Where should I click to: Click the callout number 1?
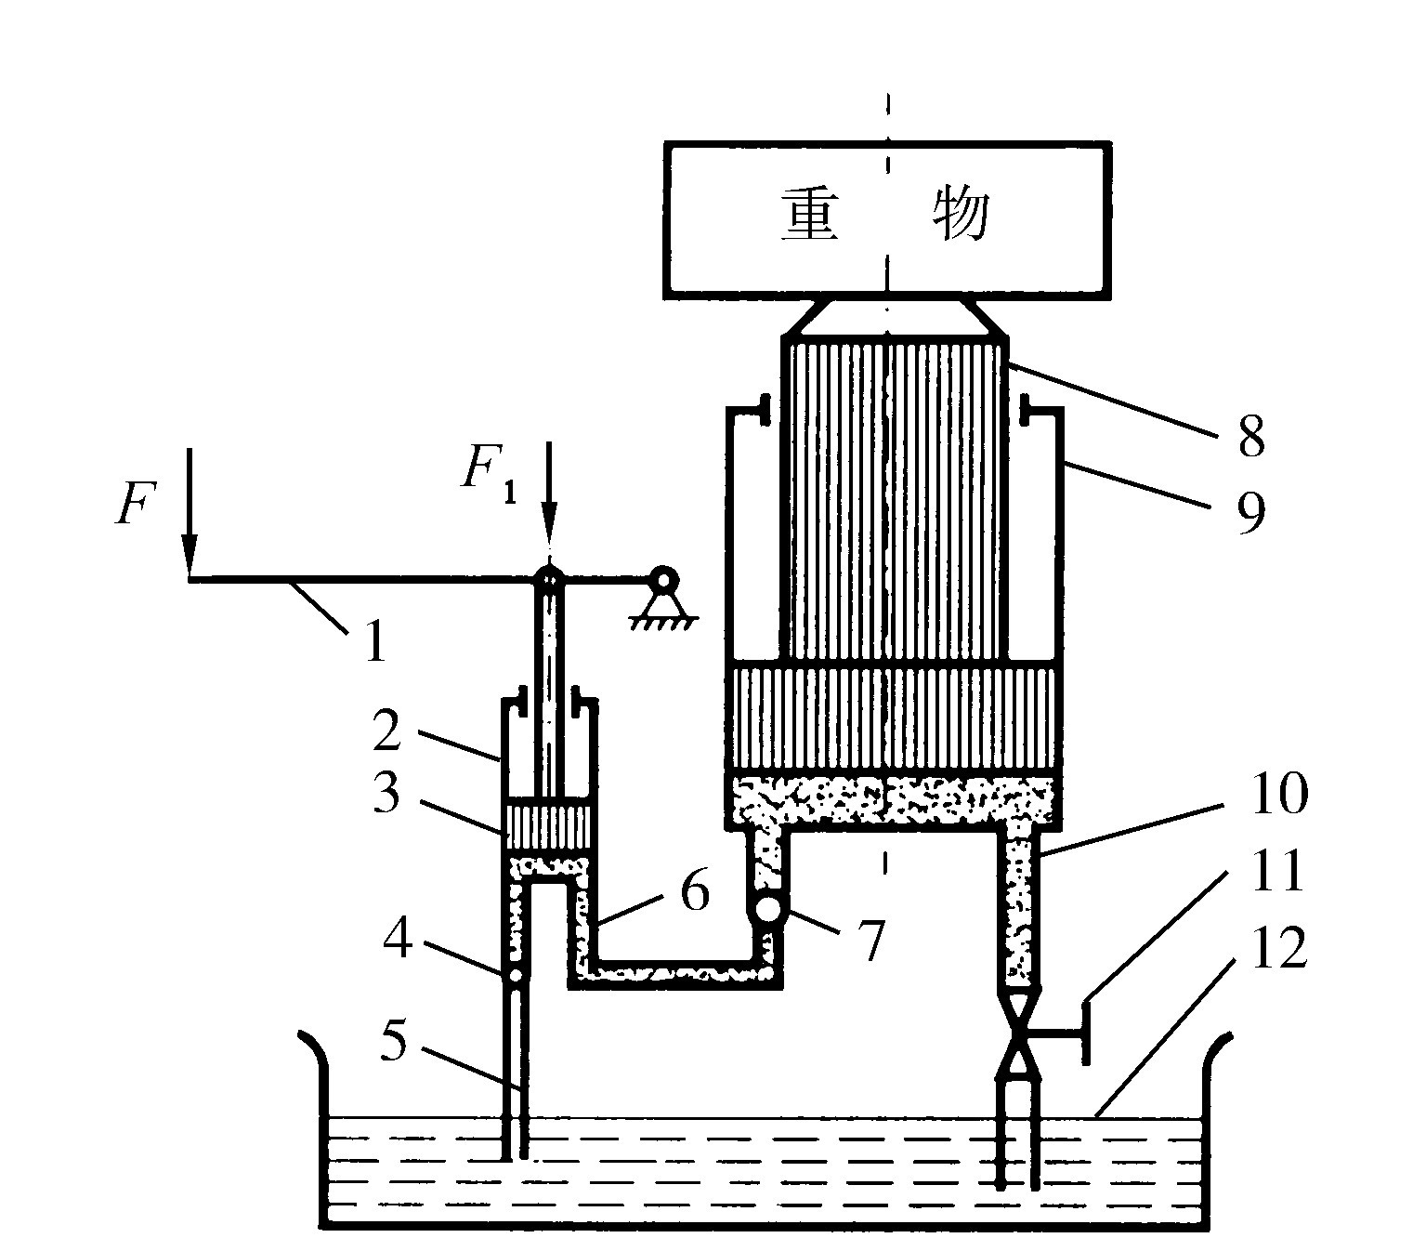coord(373,641)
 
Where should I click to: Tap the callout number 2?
coord(386,731)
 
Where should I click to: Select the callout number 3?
coord(386,795)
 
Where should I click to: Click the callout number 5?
coord(394,1043)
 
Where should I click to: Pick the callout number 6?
coord(694,891)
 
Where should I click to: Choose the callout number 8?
coord(1250,436)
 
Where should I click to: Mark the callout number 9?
coord(1250,513)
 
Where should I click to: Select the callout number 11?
coord(1278,873)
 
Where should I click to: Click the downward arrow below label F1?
coord(549,502)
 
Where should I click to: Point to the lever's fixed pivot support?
coord(662,595)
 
